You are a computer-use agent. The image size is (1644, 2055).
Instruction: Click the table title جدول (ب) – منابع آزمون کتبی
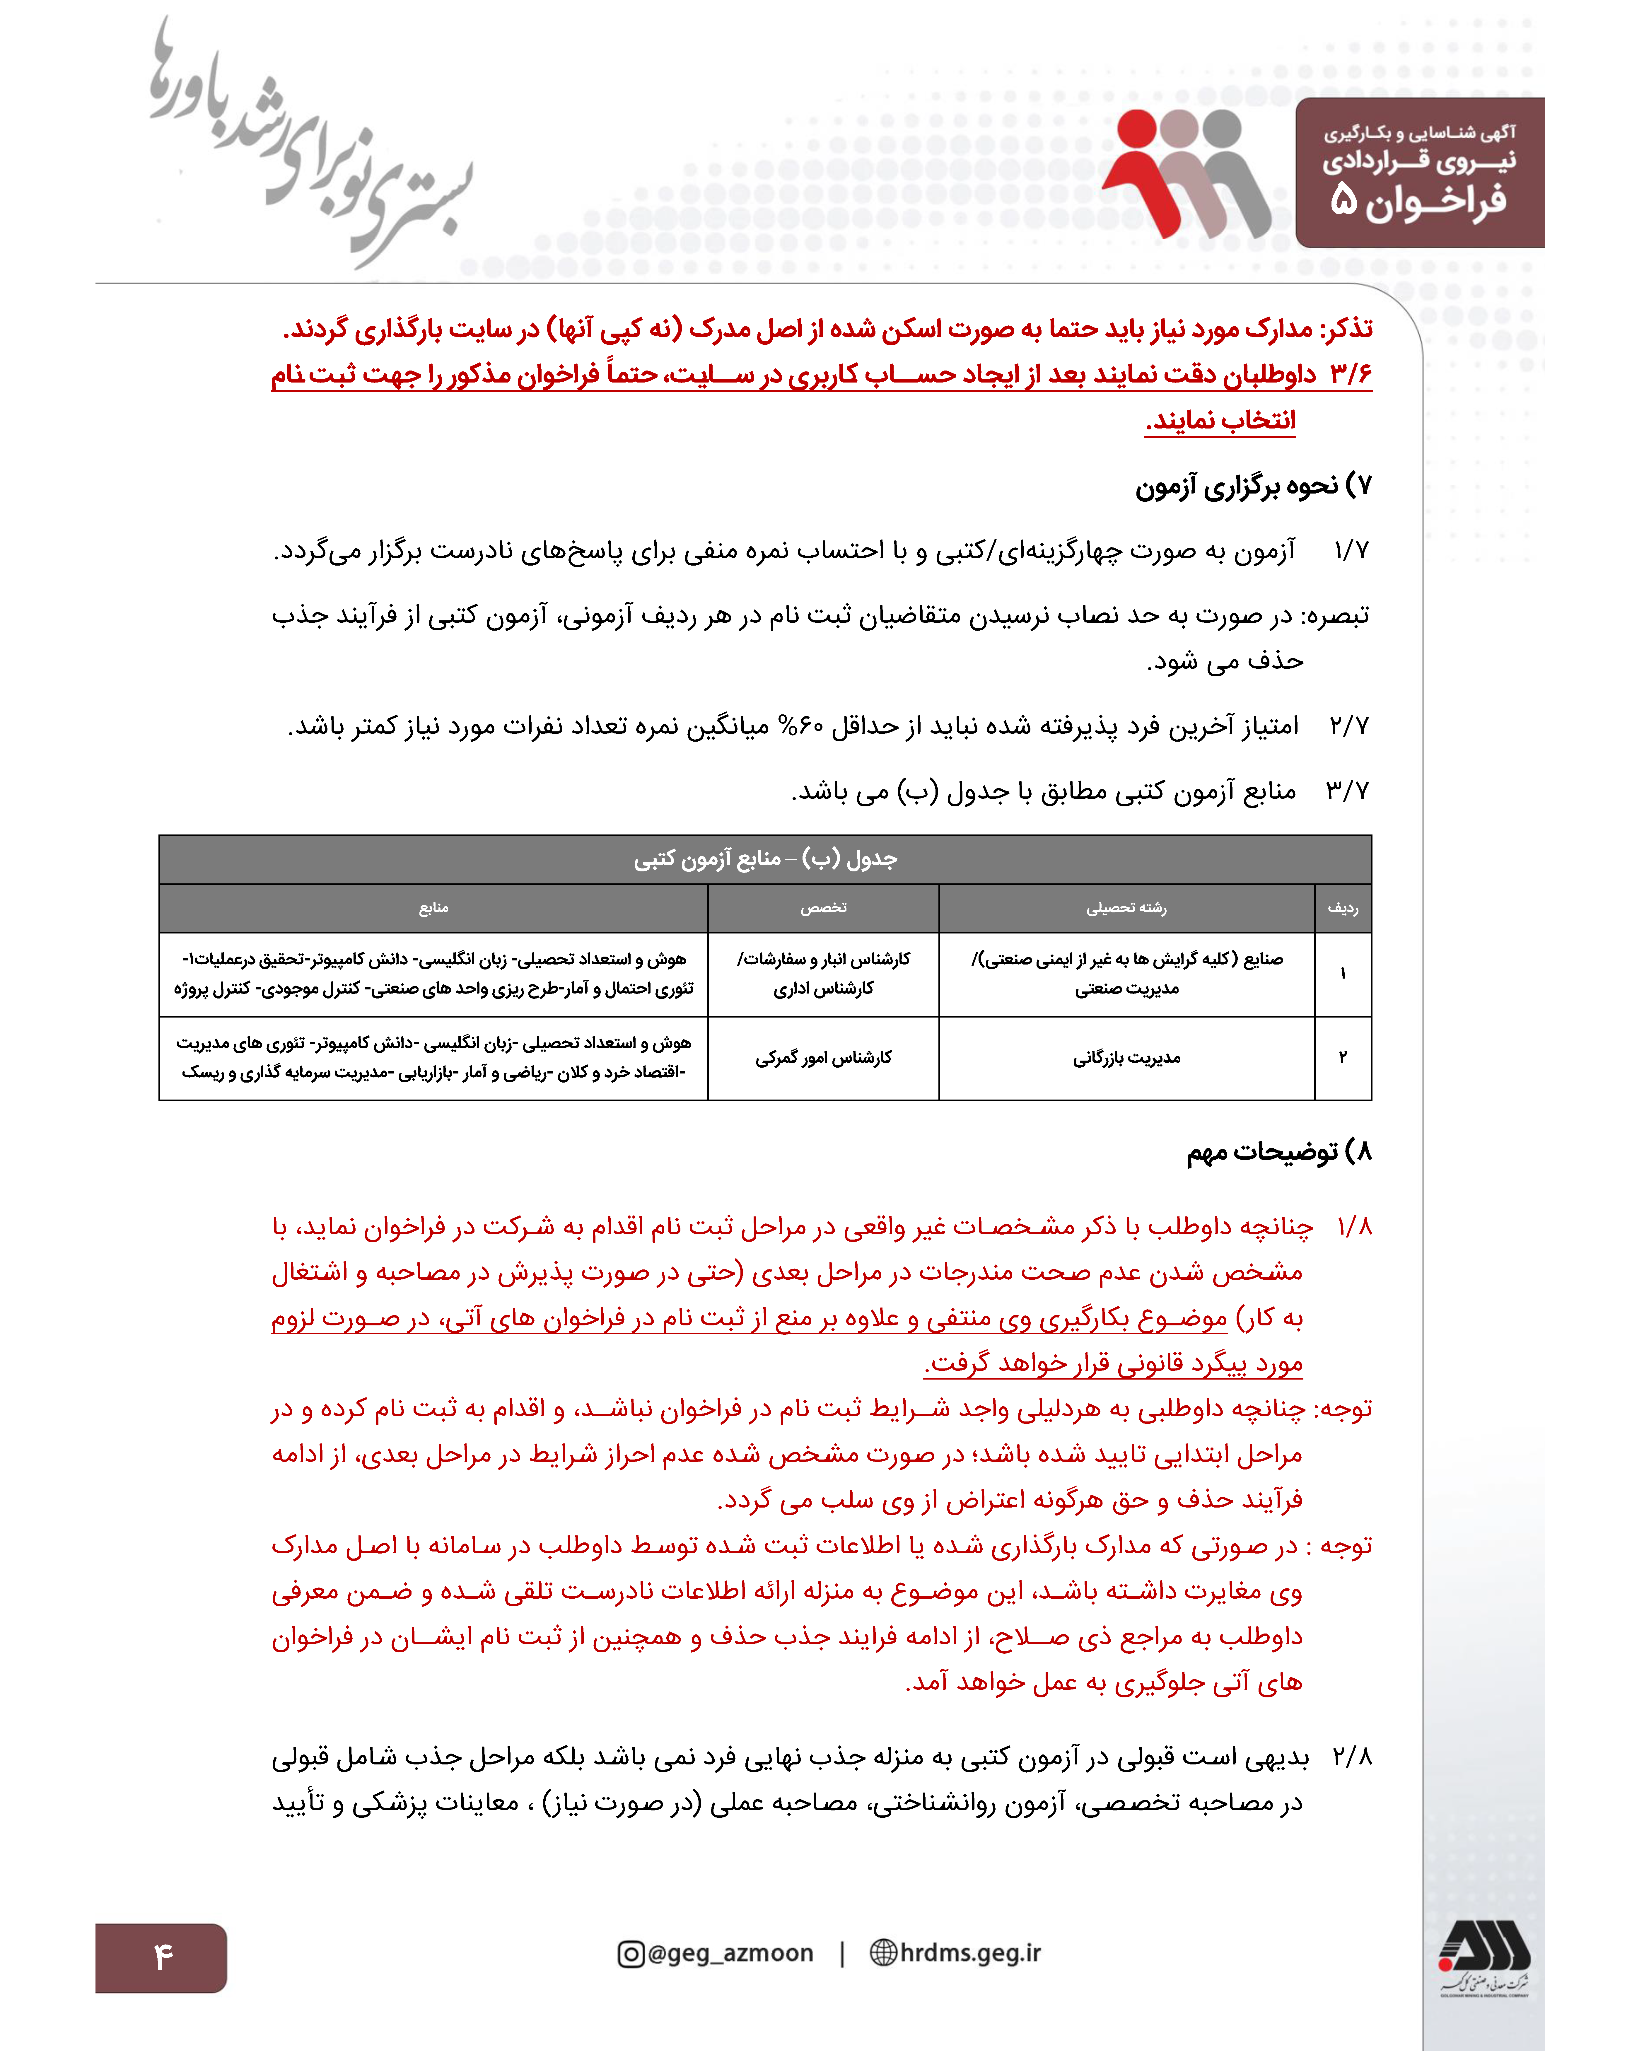tap(765, 860)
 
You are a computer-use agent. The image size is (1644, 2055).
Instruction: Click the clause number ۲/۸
tap(1351, 1757)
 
